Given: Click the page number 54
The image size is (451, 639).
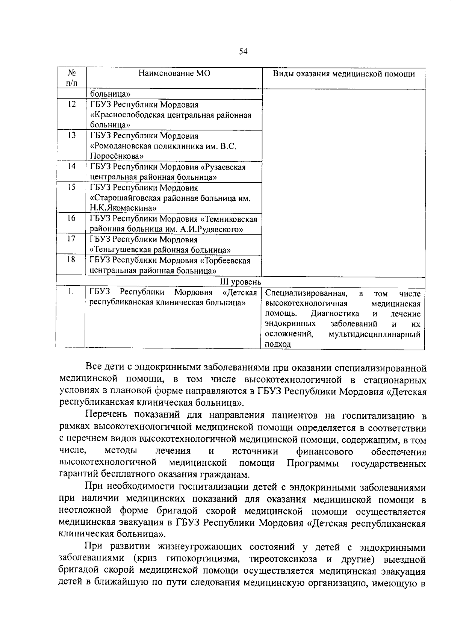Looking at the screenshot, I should tap(243, 52).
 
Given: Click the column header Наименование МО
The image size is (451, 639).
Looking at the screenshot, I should tap(174, 73).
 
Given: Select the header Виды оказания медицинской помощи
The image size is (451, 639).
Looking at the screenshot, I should tap(344, 74).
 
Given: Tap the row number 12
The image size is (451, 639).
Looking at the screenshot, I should tap(71, 104).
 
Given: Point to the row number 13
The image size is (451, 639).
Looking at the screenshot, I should tap(71, 136).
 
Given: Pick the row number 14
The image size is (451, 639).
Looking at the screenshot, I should tap(71, 167).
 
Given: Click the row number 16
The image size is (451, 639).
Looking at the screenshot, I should tap(71, 218).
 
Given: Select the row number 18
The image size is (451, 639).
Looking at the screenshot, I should tap(71, 260).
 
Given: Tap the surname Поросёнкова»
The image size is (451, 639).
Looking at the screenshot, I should tap(117, 156).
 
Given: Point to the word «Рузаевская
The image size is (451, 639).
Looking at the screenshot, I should tap(223, 167).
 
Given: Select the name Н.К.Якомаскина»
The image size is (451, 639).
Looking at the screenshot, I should tap(123, 208).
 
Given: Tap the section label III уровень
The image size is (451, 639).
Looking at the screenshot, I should tap(241, 282).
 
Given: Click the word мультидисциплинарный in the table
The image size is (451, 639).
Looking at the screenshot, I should tap(374, 334).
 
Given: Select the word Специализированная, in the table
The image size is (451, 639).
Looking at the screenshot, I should tap(306, 294).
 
